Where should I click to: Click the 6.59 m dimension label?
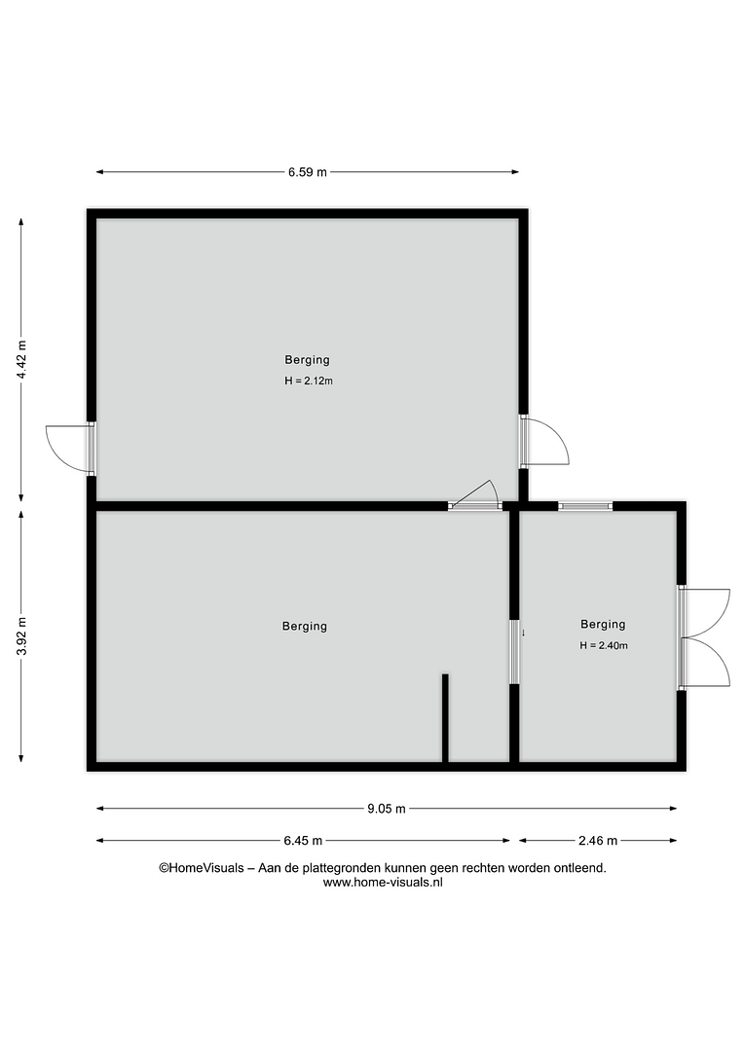click(308, 172)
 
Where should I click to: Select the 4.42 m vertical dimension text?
click(22, 360)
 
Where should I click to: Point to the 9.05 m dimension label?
click(387, 809)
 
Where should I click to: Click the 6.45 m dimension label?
click(303, 841)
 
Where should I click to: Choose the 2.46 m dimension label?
click(598, 841)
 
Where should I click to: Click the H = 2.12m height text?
click(309, 381)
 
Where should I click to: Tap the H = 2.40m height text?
click(604, 646)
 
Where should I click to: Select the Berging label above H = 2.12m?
click(308, 360)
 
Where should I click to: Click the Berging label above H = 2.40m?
click(603, 625)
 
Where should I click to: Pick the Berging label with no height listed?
click(305, 627)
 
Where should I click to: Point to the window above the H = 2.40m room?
click(585, 506)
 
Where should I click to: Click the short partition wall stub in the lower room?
click(445, 718)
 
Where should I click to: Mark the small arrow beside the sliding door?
click(523, 633)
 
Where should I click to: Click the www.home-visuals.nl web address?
click(383, 883)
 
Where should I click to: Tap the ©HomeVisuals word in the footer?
click(202, 868)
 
